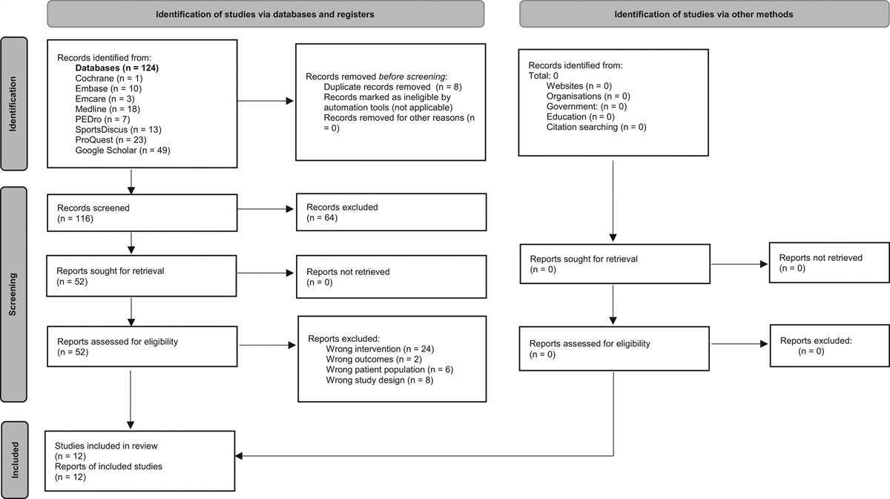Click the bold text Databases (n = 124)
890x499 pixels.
(x=117, y=68)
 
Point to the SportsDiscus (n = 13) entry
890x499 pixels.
(x=118, y=130)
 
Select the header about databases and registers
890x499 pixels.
(x=265, y=13)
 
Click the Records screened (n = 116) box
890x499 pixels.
(x=143, y=214)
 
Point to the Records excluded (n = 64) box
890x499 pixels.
(x=391, y=214)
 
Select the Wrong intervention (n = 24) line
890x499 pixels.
(x=380, y=348)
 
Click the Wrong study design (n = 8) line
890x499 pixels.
(x=379, y=380)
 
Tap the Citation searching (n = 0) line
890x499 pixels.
(x=596, y=128)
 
